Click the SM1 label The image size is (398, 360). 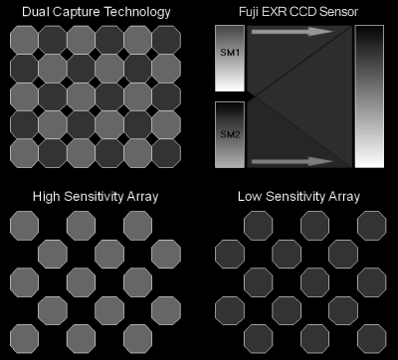click(x=230, y=53)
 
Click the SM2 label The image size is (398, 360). click(x=230, y=134)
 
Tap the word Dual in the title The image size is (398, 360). click(x=36, y=12)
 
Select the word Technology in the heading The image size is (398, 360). click(x=137, y=13)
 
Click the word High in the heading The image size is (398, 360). click(x=47, y=197)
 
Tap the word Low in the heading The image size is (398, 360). click(x=250, y=197)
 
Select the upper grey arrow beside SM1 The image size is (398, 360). click(x=293, y=32)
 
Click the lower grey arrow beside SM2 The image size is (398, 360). click(x=293, y=161)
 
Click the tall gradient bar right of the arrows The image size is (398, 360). click(x=369, y=96)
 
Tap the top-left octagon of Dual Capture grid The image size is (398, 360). click(x=24, y=40)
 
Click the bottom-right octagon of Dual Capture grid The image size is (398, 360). click(x=166, y=153)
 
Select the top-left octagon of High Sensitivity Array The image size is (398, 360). click(x=24, y=226)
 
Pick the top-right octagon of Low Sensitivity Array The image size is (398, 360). click(x=372, y=226)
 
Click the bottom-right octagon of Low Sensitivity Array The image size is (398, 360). click(x=372, y=339)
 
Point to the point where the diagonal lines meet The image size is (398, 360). click(x=254, y=96)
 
